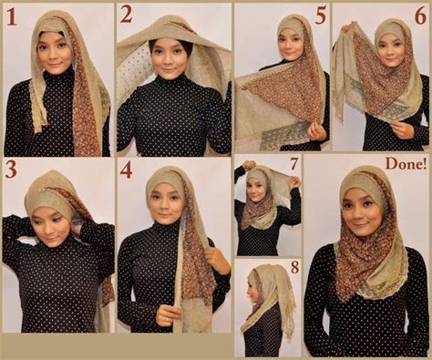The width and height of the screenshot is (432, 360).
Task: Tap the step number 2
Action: tap(127, 14)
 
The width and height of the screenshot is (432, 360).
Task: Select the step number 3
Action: tap(11, 169)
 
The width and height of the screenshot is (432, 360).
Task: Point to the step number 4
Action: tap(126, 169)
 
